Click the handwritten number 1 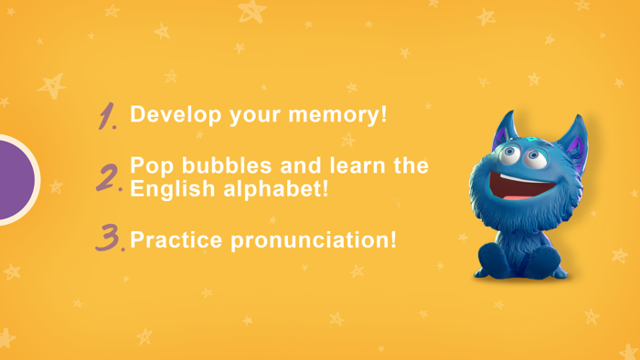(109, 116)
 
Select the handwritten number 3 (110, 238)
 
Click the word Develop (170, 116)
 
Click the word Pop (148, 166)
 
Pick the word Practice (175, 241)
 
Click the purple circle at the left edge (14, 179)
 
